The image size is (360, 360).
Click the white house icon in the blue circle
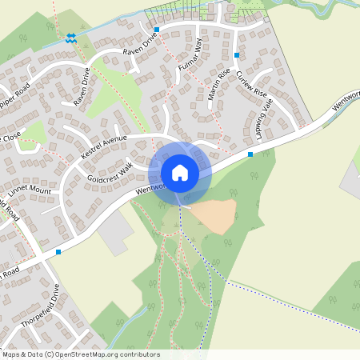180,172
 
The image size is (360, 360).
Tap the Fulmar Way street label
189,57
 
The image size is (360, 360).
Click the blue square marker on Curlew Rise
237,54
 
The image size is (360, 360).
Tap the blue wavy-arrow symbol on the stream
70,38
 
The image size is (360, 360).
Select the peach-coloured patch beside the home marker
213,214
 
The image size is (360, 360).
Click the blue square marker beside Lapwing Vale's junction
250,154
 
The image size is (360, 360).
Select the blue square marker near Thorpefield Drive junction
58,252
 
